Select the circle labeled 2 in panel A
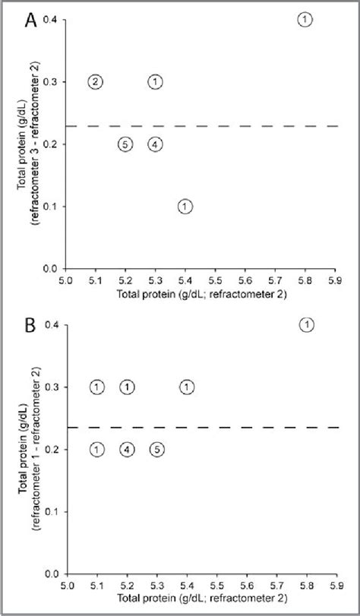[x=95, y=82]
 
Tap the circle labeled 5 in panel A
[x=125, y=144]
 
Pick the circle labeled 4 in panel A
[x=155, y=144]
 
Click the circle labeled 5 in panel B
[x=156, y=450]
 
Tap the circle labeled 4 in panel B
[x=127, y=450]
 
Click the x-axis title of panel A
[x=201, y=294]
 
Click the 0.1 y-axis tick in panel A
[x=52, y=207]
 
